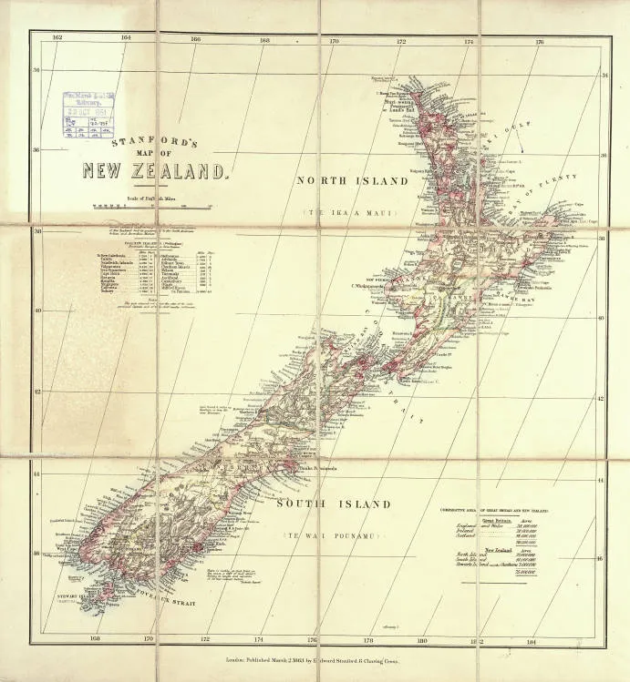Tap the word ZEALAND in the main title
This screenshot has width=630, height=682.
pos(187,169)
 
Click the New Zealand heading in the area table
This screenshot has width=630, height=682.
pos(496,550)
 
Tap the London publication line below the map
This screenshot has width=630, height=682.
pos(315,656)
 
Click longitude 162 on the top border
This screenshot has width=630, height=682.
pos(57,37)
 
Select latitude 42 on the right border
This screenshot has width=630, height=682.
pos(600,399)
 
